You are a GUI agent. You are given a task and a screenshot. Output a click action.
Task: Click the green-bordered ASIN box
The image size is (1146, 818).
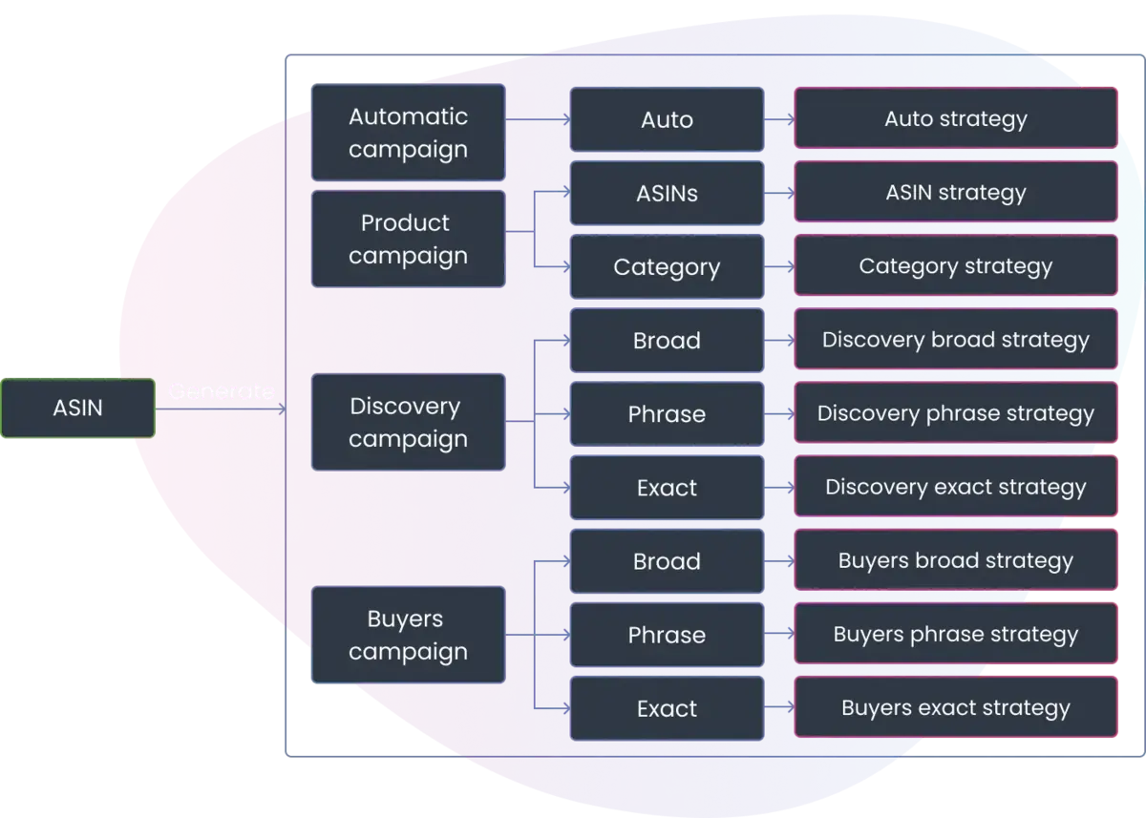point(78,409)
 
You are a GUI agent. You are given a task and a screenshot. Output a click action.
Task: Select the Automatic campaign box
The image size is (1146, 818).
point(408,133)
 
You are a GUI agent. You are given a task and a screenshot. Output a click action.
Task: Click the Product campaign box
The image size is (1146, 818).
point(408,239)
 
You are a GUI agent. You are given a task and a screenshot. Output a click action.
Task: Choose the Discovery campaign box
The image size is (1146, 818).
point(408,422)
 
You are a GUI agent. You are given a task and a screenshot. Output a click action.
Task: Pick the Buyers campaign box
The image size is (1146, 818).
point(408,635)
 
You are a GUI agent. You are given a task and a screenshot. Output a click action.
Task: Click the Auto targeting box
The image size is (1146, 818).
point(667,119)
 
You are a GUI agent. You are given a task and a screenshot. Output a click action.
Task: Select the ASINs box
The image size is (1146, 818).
point(667,193)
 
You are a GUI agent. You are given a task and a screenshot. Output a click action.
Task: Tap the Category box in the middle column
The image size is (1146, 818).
point(667,267)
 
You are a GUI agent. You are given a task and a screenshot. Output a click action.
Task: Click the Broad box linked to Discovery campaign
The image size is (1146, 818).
point(667,341)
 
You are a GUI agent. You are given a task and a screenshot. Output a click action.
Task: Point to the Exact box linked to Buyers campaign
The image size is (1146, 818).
point(667,708)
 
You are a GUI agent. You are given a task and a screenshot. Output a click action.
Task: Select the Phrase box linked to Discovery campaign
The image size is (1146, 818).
point(667,414)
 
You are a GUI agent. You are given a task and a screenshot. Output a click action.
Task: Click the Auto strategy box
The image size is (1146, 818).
point(955,118)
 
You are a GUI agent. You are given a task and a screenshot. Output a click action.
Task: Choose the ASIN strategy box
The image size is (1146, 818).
point(955,192)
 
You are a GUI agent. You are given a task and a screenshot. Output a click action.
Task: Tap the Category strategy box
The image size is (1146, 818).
point(955,265)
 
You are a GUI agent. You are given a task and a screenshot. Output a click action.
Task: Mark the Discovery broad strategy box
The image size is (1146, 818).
point(955,340)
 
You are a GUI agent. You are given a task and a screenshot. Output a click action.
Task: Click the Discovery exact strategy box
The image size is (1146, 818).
point(955,487)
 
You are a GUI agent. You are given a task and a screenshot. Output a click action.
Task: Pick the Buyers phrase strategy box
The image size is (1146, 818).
point(955,634)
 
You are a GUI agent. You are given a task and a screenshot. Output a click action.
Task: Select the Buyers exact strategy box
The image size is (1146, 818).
point(955,707)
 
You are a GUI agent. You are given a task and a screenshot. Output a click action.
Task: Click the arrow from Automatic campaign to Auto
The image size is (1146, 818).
point(537,119)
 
